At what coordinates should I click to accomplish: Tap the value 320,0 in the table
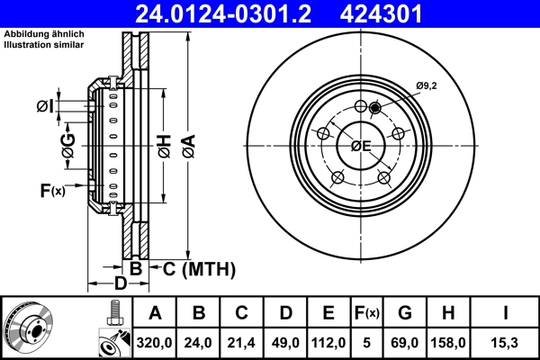(x=155, y=343)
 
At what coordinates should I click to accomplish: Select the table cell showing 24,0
(x=199, y=343)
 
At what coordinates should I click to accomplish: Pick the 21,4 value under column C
(x=242, y=343)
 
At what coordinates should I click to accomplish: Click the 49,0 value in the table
(x=285, y=343)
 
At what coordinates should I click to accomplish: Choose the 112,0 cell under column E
(x=328, y=343)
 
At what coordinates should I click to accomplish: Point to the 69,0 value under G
(x=404, y=343)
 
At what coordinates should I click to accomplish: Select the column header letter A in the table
(x=155, y=314)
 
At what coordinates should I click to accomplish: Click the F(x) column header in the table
(x=366, y=314)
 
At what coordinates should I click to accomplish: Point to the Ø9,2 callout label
(x=427, y=85)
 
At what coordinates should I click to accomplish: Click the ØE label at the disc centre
(x=362, y=146)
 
